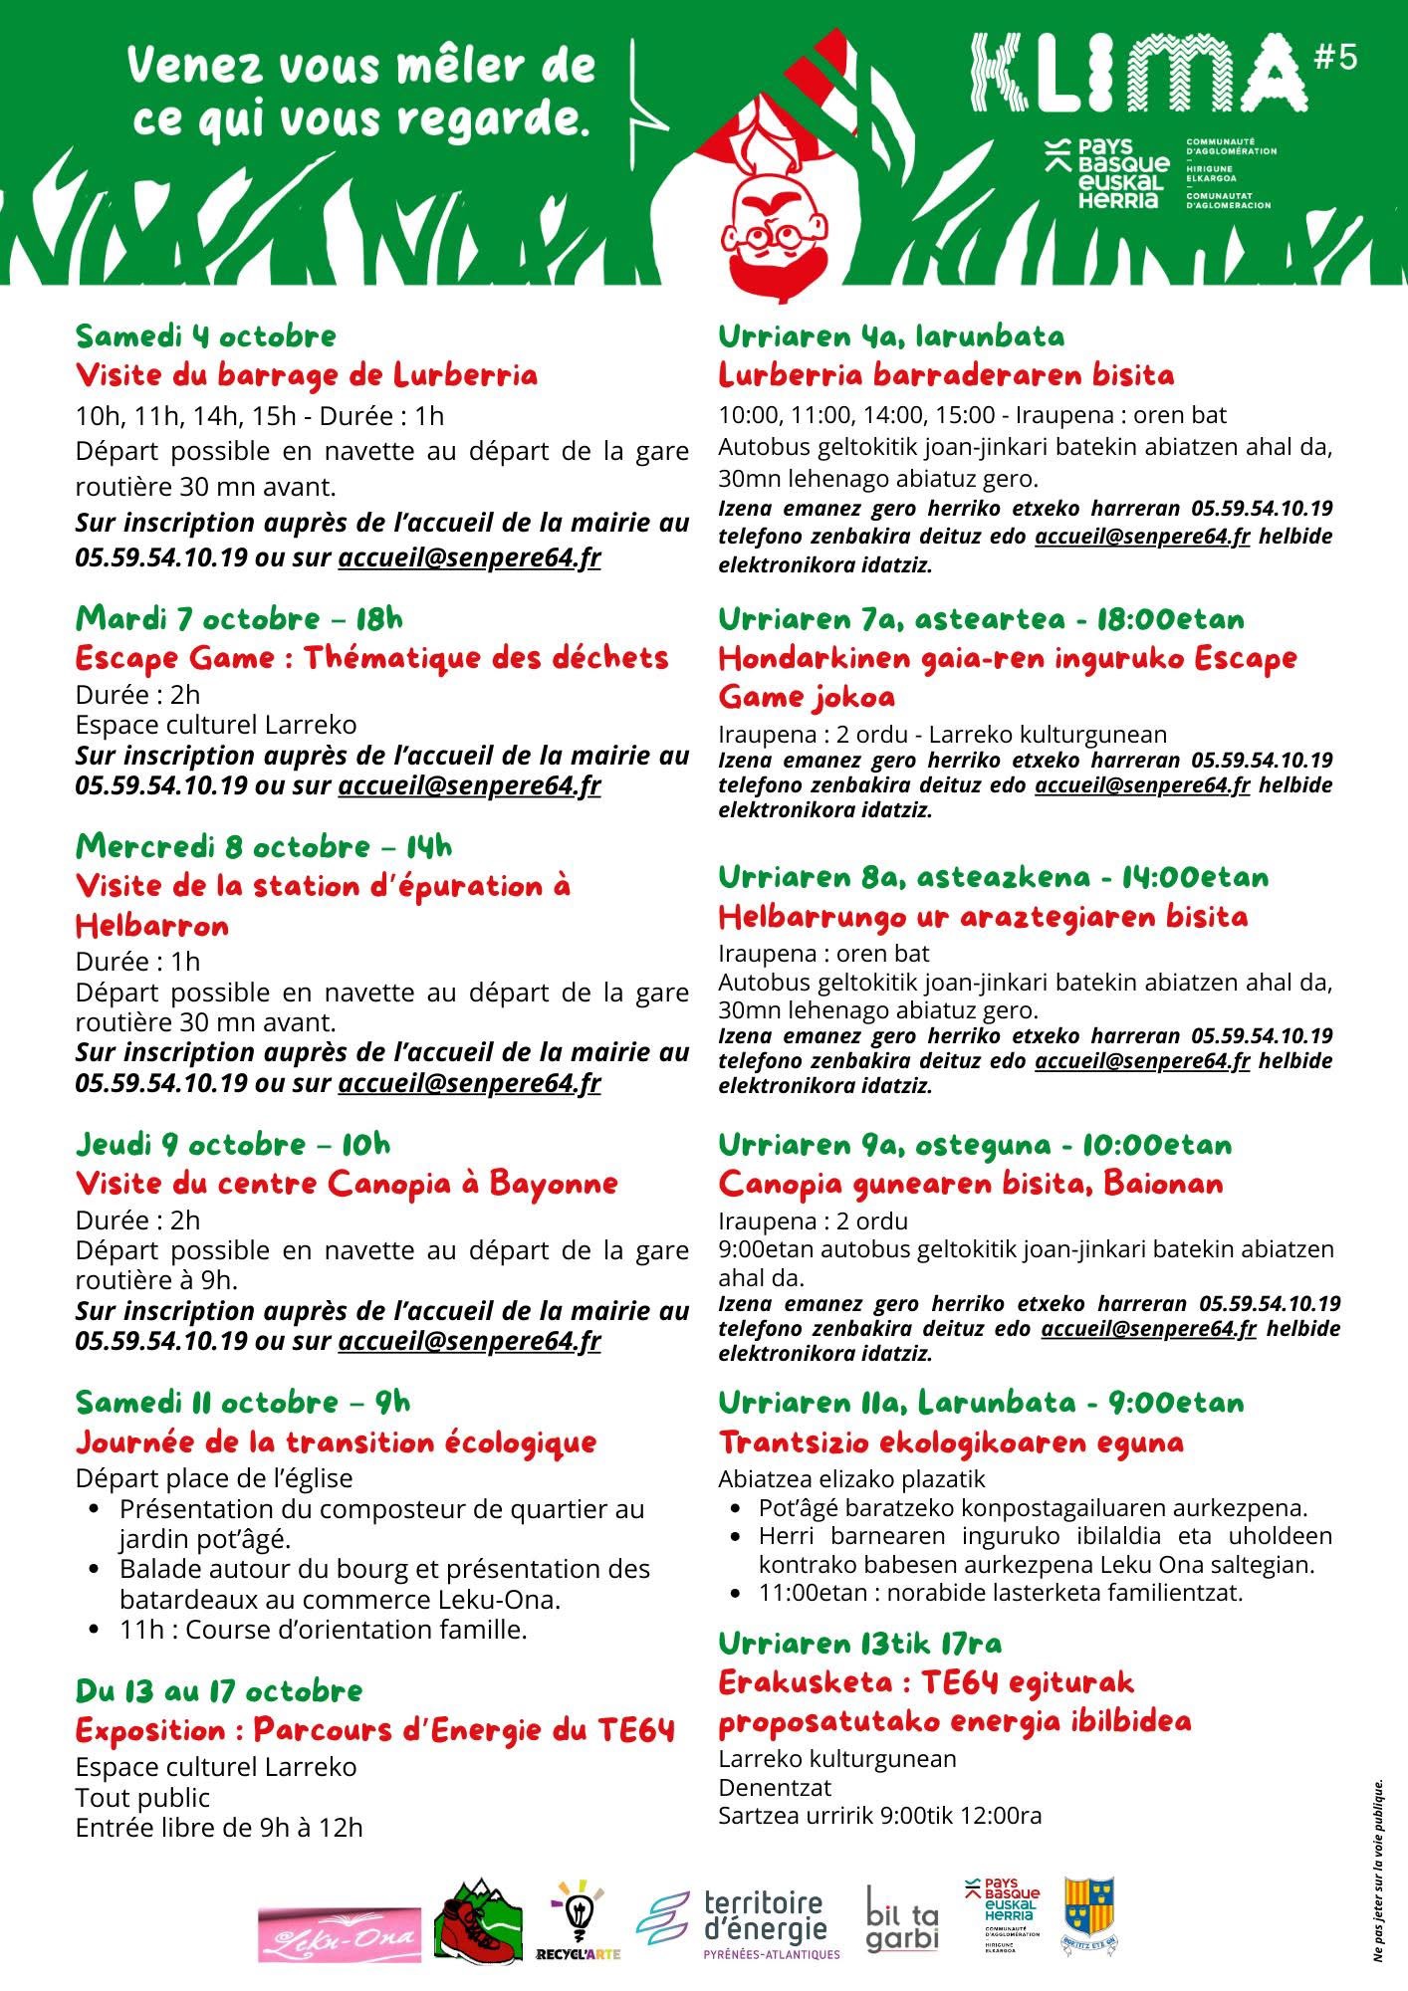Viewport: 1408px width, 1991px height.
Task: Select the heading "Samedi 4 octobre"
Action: click(206, 335)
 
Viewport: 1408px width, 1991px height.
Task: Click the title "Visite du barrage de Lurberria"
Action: click(307, 375)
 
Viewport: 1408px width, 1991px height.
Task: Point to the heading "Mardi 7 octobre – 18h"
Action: click(239, 618)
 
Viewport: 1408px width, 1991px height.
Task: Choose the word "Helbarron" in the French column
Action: click(152, 926)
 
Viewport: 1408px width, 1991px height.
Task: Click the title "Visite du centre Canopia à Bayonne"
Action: click(347, 1184)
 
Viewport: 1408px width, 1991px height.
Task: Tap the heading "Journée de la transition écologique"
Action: click(336, 1441)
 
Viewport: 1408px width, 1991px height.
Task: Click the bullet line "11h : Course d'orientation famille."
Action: click(323, 1630)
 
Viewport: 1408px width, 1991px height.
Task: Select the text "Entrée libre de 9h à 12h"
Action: click(219, 1828)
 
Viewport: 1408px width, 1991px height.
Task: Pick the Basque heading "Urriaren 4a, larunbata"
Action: click(891, 335)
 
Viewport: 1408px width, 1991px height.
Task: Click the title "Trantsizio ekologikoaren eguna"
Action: click(951, 1441)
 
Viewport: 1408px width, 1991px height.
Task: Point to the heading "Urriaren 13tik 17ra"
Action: click(860, 1643)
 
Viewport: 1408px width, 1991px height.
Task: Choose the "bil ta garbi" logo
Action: click(901, 1919)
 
